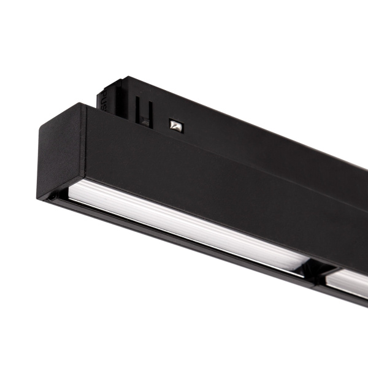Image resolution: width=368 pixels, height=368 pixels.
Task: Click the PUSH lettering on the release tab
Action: point(103,98)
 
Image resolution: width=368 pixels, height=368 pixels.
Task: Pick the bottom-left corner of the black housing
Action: point(41,197)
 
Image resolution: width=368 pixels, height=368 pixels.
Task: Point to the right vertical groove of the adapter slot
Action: point(150,113)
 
